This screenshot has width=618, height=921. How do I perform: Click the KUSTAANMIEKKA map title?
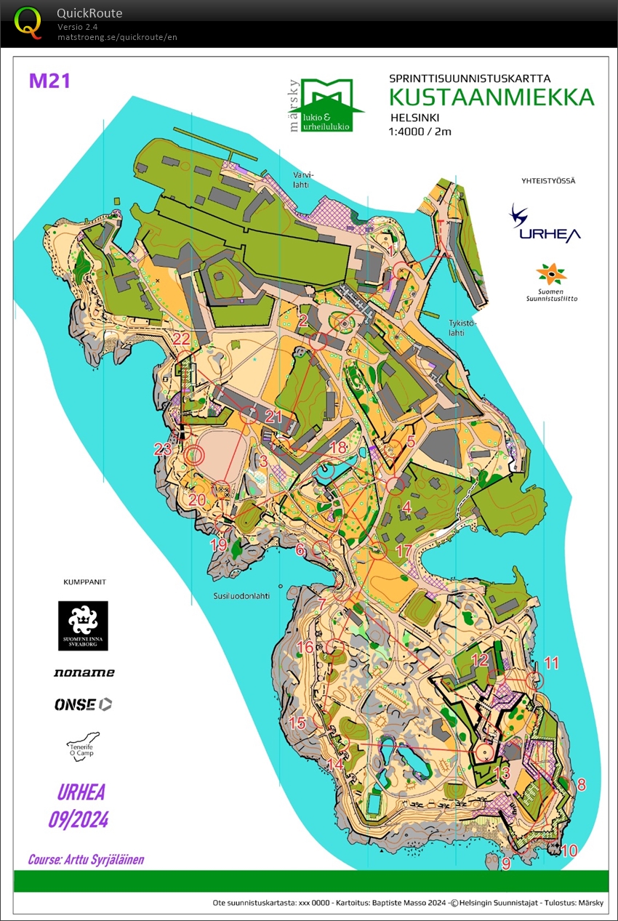[x=491, y=97]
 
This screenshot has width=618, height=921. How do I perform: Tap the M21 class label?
[x=49, y=81]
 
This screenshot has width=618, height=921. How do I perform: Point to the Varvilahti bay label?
[x=302, y=180]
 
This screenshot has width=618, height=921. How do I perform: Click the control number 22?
[x=181, y=339]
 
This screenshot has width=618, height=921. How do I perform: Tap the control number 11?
[x=552, y=662]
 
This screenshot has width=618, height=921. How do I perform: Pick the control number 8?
[x=581, y=784]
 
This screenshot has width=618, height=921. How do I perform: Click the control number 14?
[x=335, y=765]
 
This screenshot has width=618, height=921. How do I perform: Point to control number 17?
[x=404, y=551]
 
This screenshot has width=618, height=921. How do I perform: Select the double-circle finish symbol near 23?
[x=194, y=456]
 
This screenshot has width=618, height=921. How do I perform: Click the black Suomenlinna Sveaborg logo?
[x=83, y=625]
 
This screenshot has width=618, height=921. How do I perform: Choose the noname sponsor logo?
[x=84, y=673]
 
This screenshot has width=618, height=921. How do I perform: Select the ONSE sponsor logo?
[x=84, y=704]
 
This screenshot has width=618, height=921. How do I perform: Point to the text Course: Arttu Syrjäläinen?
[x=86, y=859]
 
